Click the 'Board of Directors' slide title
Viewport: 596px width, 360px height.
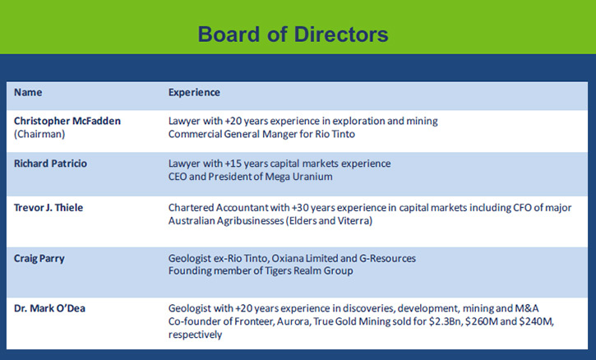[293, 35]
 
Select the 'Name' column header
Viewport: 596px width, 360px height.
[28, 92]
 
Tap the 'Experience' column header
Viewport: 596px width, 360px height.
[194, 93]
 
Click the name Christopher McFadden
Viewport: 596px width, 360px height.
[67, 121]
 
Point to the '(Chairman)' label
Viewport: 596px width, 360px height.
[39, 134]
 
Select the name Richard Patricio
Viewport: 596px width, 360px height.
[50, 164]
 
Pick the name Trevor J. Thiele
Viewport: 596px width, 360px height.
[49, 208]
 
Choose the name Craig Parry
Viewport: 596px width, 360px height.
[39, 259]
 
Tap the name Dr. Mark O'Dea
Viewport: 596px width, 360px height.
[49, 308]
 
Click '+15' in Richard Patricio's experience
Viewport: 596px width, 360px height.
[233, 164]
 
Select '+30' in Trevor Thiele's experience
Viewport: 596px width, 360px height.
[300, 208]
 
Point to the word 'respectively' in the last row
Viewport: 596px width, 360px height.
[196, 335]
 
